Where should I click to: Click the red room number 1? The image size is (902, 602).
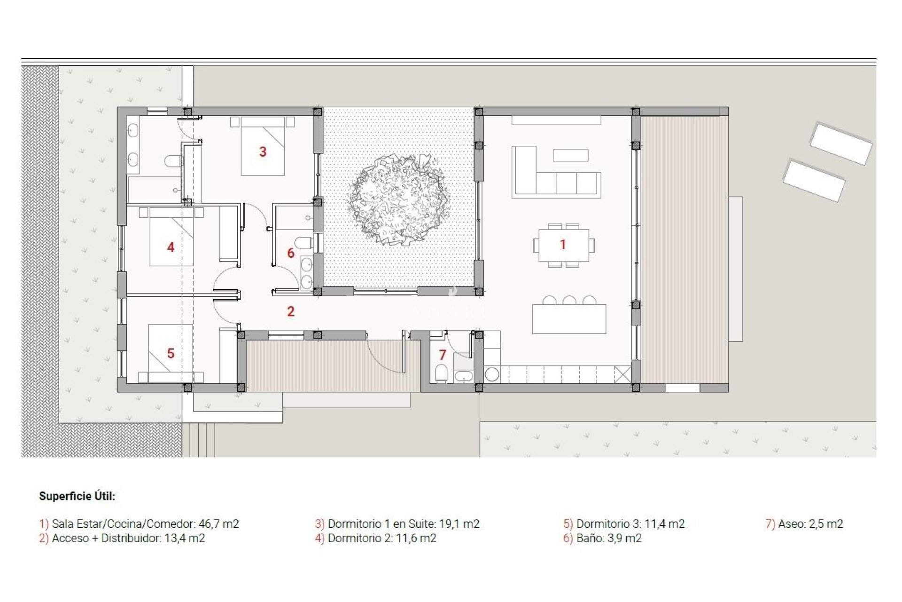click(x=562, y=245)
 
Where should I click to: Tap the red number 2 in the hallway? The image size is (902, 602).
click(x=291, y=311)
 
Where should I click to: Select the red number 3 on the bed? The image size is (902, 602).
click(x=263, y=151)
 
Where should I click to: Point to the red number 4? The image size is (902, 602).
click(x=171, y=247)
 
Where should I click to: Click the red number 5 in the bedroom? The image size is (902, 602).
click(x=171, y=353)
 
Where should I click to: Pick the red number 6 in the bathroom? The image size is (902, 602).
click(x=291, y=253)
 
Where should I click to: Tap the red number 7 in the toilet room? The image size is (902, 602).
click(x=442, y=355)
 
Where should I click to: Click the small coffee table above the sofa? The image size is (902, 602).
click(x=570, y=155)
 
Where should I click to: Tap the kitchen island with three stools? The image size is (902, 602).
click(x=569, y=318)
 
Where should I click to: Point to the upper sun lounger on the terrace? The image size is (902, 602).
click(x=840, y=143)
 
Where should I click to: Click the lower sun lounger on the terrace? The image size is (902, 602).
click(x=814, y=181)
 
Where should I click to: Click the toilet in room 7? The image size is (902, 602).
click(x=441, y=373)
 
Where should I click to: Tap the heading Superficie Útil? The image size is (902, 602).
click(x=77, y=496)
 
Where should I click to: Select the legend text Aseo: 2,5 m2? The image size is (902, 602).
click(x=810, y=524)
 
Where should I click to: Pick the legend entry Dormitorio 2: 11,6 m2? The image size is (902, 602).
click(x=381, y=538)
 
